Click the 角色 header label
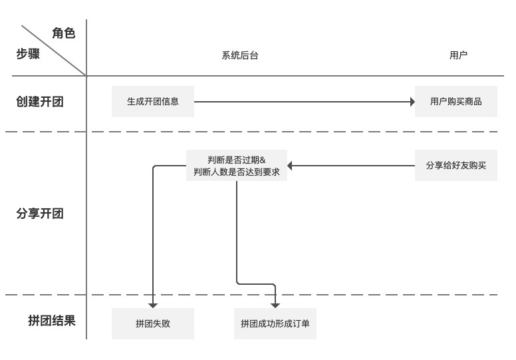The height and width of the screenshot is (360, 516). click(64, 33)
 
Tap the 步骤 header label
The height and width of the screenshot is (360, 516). click(28, 53)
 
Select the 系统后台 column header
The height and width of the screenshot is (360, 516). click(240, 55)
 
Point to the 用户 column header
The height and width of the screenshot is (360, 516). click(458, 55)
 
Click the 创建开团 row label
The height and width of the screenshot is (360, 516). click(40, 101)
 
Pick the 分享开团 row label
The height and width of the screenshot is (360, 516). click(40, 214)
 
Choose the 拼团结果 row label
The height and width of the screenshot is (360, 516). click(52, 321)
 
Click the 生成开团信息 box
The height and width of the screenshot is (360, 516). click(153, 101)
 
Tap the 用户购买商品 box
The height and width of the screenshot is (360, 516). click(455, 101)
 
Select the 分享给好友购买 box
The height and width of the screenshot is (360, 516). click(455, 165)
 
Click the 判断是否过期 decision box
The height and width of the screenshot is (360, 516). click(237, 165)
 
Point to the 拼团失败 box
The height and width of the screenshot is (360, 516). click(153, 323)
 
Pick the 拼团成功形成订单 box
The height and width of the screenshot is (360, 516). click(275, 323)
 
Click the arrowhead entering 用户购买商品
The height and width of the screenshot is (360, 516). click(413, 102)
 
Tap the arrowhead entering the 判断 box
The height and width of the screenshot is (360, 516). click(290, 165)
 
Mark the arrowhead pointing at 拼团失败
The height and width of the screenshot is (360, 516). click(153, 306)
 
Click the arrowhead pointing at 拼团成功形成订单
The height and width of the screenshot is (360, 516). click(275, 306)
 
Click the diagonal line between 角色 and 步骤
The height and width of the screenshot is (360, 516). click(54, 51)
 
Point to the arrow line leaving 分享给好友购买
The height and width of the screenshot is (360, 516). click(351, 165)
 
